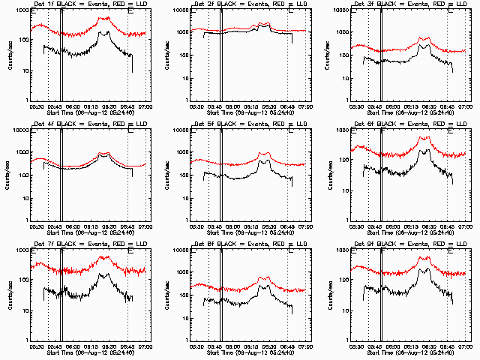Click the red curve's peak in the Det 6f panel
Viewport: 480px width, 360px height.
(425, 136)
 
